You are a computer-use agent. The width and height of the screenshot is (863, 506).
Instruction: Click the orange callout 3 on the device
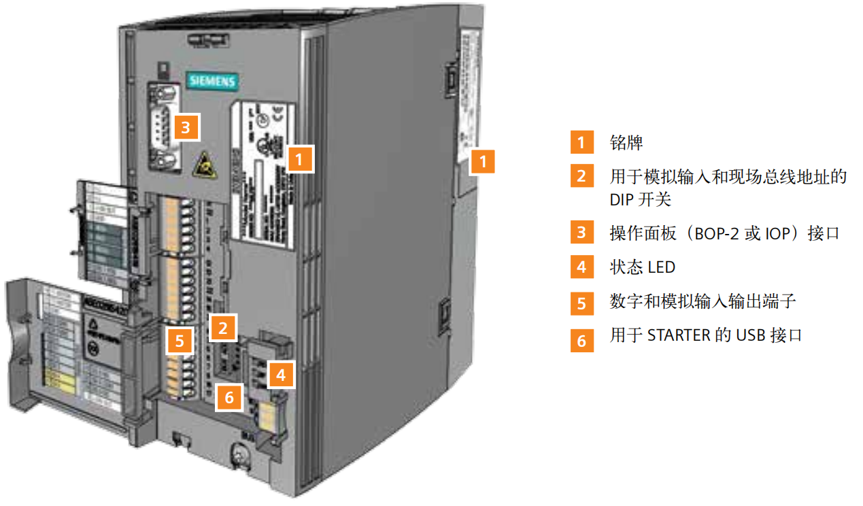[187, 126]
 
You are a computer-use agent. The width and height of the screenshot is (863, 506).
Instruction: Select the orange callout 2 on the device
[222, 328]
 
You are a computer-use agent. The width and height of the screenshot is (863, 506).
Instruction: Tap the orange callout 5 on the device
[180, 340]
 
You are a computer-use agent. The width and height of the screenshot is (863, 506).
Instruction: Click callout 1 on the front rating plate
[300, 160]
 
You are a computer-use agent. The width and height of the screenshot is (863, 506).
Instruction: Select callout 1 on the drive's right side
[483, 162]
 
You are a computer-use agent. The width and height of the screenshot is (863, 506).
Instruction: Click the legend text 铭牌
[626, 144]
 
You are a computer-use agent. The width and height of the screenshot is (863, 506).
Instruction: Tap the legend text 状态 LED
[643, 267]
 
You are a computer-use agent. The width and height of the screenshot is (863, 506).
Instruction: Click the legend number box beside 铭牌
[581, 144]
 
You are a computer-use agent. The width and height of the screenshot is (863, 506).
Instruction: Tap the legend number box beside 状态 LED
[581, 267]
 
